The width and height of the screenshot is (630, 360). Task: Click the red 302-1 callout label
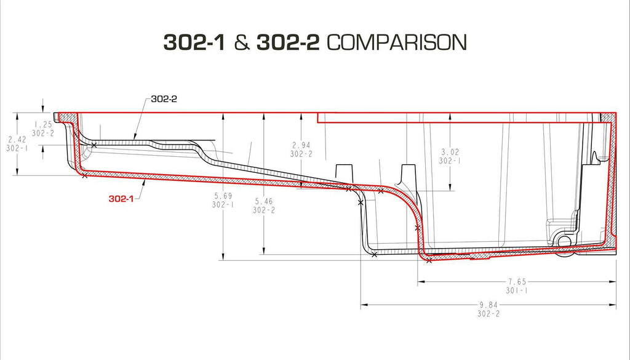(x=121, y=199)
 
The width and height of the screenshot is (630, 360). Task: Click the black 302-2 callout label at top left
(x=164, y=99)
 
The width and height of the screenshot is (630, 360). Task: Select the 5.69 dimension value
(x=223, y=196)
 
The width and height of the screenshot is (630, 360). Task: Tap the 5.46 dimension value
(x=263, y=201)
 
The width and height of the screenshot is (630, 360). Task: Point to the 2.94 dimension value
(x=301, y=145)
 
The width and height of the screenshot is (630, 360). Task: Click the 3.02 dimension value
(x=450, y=152)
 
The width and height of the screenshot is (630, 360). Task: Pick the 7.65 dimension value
(x=517, y=282)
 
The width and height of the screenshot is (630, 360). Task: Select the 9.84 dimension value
(x=488, y=305)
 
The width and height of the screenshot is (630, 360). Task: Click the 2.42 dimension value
(x=17, y=140)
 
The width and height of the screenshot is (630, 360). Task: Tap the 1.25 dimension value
(x=43, y=124)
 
